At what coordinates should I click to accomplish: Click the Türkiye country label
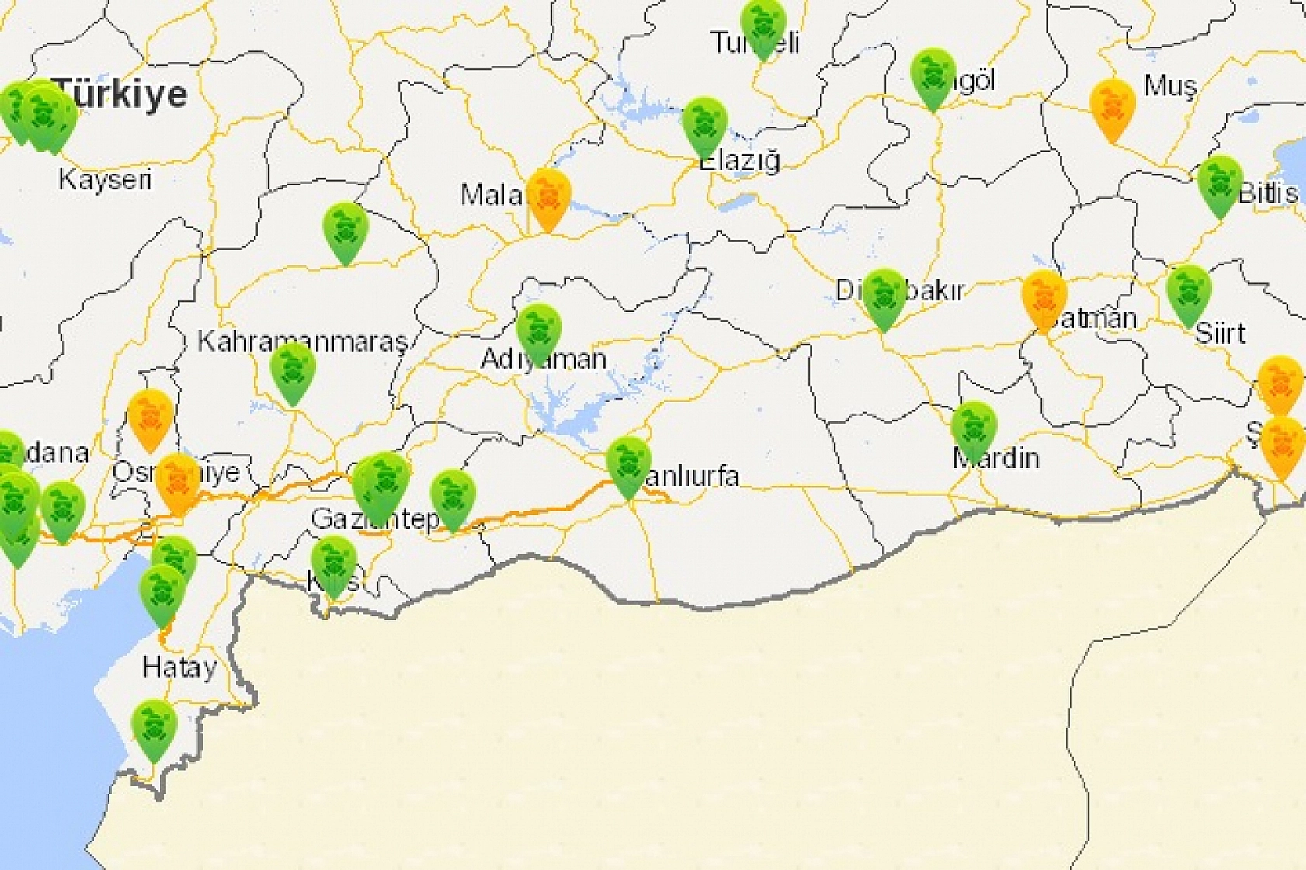(123, 94)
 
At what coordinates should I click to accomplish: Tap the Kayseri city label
(105, 180)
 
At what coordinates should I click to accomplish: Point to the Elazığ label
(739, 161)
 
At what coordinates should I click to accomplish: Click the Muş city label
(1170, 85)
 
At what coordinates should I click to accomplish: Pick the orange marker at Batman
(1044, 300)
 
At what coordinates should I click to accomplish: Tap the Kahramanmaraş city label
(302, 341)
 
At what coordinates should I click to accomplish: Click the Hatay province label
(179, 667)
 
